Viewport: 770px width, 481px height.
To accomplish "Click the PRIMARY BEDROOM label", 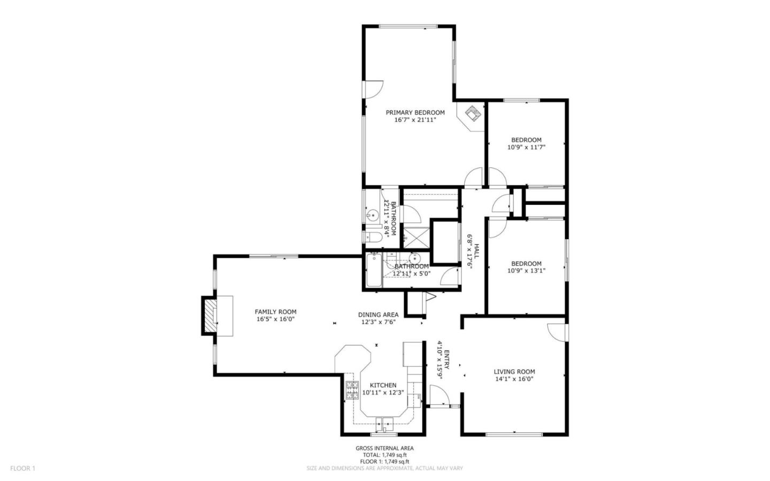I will (x=415, y=112).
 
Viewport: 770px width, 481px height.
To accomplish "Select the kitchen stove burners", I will (x=352, y=391).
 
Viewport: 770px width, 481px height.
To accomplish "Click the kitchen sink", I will (x=384, y=423).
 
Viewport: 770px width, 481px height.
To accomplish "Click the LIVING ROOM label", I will (x=514, y=371).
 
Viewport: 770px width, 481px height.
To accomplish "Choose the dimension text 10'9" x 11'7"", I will (x=526, y=147).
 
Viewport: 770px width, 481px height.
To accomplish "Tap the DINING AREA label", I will (x=378, y=315).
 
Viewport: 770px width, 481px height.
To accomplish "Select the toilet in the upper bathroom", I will (x=372, y=236).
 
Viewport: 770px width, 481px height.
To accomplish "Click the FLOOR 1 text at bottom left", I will (x=22, y=468).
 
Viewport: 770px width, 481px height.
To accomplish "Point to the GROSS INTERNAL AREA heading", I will (x=384, y=448).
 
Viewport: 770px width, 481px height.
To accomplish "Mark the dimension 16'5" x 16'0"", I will (x=275, y=319).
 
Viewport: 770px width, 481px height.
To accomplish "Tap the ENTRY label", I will (x=446, y=359).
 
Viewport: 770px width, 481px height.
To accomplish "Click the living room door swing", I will (x=556, y=331).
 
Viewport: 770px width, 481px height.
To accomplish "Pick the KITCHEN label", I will (x=383, y=385).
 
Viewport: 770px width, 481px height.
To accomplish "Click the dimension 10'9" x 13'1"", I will (x=526, y=271).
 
